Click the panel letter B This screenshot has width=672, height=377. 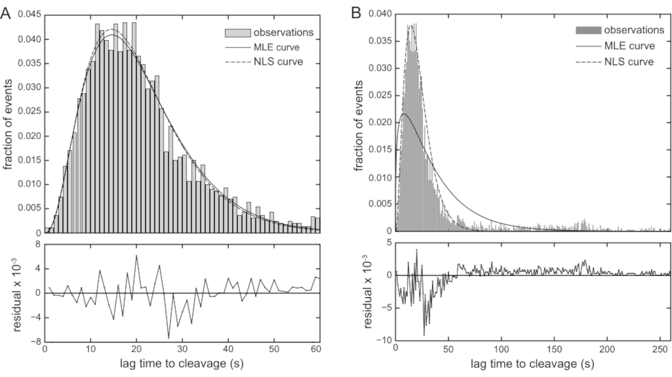(x=356, y=14)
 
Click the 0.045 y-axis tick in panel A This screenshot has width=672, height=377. (x=29, y=14)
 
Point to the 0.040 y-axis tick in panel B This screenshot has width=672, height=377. (x=380, y=14)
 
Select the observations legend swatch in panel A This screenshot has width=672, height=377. (x=238, y=33)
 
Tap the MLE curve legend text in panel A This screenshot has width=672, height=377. (x=276, y=47)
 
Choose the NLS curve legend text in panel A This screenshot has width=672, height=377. (x=278, y=62)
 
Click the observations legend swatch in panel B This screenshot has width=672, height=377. (x=588, y=30)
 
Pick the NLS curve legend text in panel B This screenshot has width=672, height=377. (x=629, y=62)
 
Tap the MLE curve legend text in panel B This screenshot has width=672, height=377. (x=629, y=46)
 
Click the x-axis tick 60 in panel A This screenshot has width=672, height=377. (x=316, y=349)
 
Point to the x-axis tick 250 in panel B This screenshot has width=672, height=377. (x=660, y=349)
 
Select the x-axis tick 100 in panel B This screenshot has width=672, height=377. (x=501, y=349)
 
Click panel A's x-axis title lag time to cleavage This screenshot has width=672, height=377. (x=181, y=364)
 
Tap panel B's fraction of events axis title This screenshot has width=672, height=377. (x=359, y=125)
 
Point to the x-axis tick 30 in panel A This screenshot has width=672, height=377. (x=182, y=349)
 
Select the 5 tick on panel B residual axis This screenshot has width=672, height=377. (x=389, y=243)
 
